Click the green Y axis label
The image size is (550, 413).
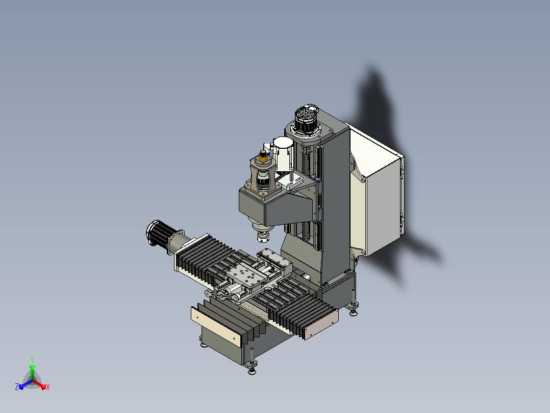pyautogui.click(x=32, y=359)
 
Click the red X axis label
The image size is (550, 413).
pyautogui.click(x=48, y=387)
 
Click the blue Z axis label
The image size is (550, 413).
pyautogui.click(x=17, y=387)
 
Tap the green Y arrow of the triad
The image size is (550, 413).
pyautogui.click(x=32, y=372)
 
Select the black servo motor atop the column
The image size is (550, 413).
pyautogui.click(x=307, y=120)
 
